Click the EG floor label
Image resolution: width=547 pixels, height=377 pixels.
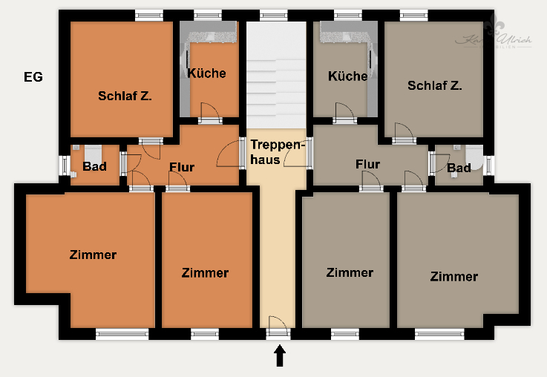(33, 76)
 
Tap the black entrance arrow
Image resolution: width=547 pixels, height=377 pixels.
(280, 357)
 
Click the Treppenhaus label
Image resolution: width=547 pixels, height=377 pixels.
(277, 151)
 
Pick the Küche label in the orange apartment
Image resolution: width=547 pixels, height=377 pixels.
(206, 73)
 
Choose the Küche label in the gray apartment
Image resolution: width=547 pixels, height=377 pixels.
(347, 76)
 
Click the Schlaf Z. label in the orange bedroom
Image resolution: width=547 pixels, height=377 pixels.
(125, 96)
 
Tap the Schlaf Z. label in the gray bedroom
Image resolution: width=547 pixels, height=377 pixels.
(434, 85)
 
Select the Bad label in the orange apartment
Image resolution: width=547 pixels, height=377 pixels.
(94, 166)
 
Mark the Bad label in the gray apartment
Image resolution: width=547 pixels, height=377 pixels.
(459, 168)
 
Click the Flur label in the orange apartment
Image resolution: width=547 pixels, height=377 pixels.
(181, 167)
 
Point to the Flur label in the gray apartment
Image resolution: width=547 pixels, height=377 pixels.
(367, 164)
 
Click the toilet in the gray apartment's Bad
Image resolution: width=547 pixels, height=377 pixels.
(474, 164)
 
